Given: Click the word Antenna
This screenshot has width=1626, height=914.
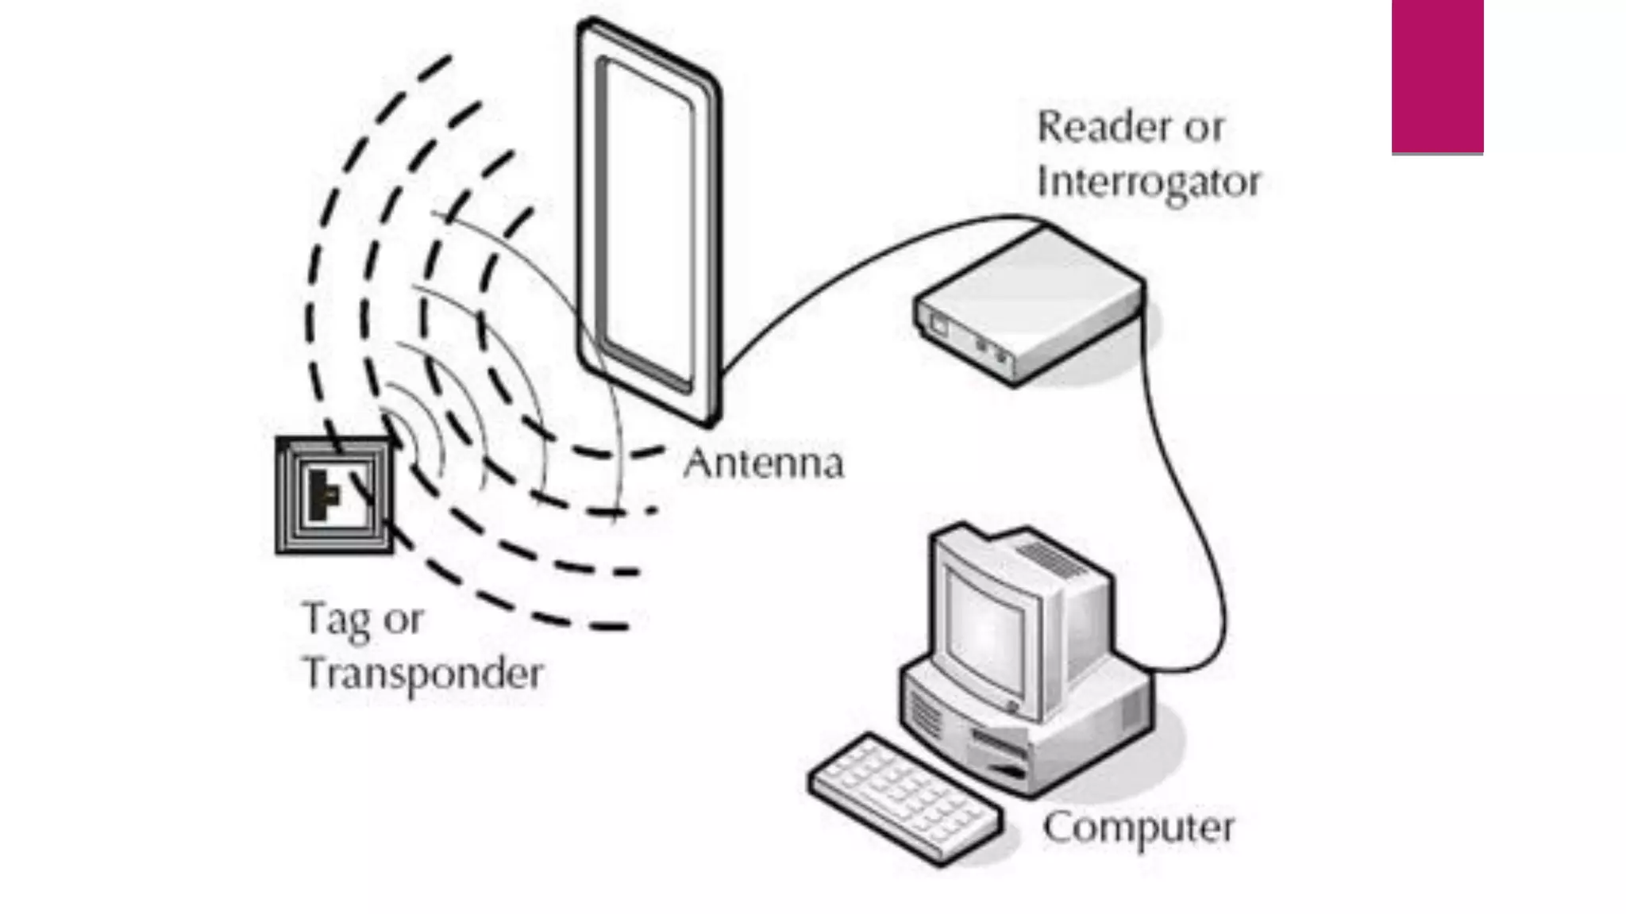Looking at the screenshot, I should pyautogui.click(x=763, y=463).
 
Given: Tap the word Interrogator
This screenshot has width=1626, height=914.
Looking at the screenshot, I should pyautogui.click(x=1148, y=182).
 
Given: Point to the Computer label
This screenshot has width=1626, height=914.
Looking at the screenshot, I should pyautogui.click(x=1138, y=828).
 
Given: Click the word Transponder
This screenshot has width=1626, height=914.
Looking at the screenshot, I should pyautogui.click(x=423, y=674).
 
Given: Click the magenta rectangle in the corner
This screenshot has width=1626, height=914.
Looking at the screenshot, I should pyautogui.click(x=1437, y=76).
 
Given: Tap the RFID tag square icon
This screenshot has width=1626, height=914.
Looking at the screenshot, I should pyautogui.click(x=334, y=495).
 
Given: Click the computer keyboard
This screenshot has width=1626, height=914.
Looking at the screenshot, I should pyautogui.click(x=905, y=797).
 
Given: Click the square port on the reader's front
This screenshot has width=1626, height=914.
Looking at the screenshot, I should pyautogui.click(x=939, y=325).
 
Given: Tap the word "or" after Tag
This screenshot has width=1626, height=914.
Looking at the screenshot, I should pyautogui.click(x=403, y=620).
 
